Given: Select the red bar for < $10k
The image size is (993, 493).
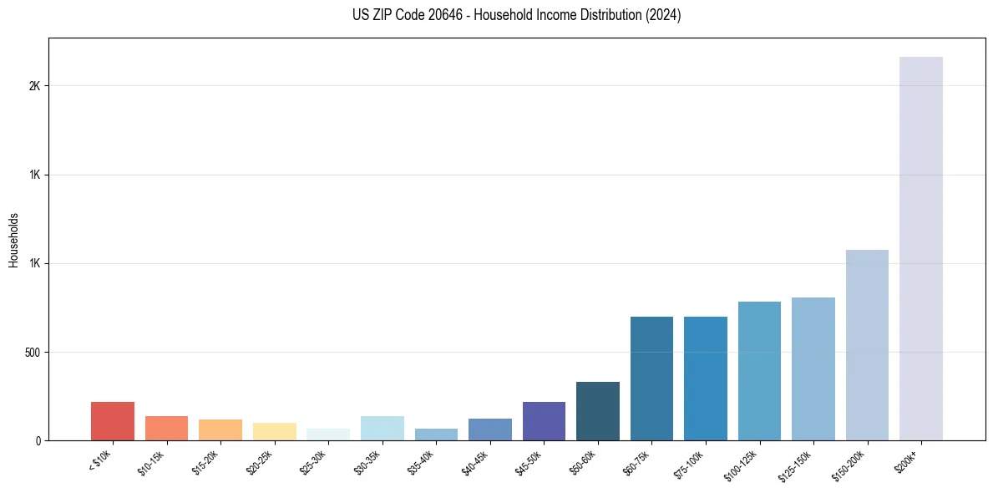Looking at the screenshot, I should (113, 421).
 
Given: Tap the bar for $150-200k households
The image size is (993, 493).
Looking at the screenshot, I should (867, 345).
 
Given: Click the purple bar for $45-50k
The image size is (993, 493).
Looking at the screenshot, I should (544, 421).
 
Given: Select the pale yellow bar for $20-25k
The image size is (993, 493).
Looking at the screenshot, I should (275, 431).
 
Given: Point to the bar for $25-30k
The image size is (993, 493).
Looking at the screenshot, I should (328, 435).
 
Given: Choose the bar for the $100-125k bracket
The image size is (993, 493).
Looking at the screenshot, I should (759, 371).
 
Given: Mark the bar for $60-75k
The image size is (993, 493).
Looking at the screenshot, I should (651, 379).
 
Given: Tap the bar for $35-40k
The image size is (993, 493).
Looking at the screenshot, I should (436, 435).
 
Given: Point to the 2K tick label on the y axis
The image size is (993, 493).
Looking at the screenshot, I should (34, 86).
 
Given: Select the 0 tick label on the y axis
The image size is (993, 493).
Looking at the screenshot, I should (38, 441).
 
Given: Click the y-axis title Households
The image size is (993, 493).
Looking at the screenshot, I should (13, 240).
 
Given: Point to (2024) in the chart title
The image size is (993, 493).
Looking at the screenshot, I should (665, 15).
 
